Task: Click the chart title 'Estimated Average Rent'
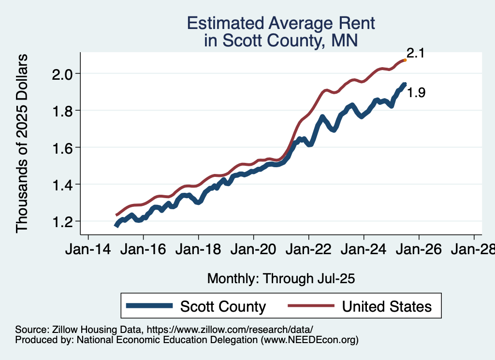pos(281,23)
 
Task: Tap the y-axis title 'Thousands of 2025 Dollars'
pos(22,143)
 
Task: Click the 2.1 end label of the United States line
pos(415,53)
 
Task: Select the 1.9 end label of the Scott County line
pos(416,93)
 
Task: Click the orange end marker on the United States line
pos(405,60)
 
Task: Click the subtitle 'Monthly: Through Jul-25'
pos(281,279)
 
